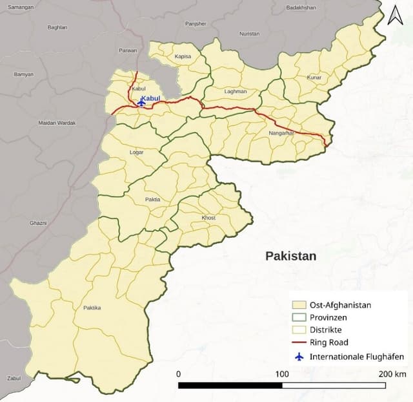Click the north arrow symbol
[395, 15]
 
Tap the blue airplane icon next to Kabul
[142, 102]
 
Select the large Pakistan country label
[291, 256]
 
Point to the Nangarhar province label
[281, 133]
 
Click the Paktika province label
[92, 308]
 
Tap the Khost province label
[208, 218]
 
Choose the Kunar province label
[314, 78]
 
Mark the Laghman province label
[236, 92]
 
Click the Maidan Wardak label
[57, 123]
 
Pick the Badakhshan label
[301, 8]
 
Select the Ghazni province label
[38, 223]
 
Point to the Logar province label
[136, 153]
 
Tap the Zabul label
[14, 378]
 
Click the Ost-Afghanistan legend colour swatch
[298, 304]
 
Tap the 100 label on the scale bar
[282, 374]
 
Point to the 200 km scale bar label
[392, 374]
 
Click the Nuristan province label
[249, 33]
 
